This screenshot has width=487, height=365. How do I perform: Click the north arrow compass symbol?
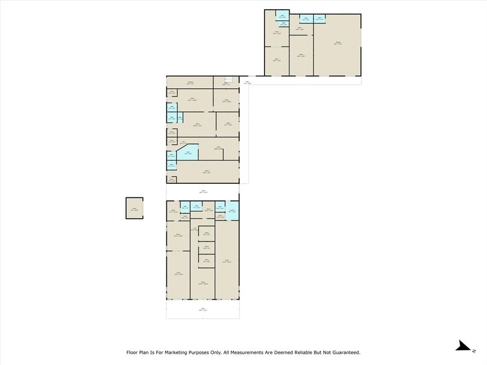(x=463, y=346)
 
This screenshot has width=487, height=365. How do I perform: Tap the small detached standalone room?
(x=134, y=207)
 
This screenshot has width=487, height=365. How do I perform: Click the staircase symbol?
(x=227, y=79)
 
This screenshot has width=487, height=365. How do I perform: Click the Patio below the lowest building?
(x=203, y=309)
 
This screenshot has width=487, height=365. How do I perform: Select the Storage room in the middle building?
(x=189, y=81)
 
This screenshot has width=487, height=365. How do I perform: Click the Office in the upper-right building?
(x=301, y=56)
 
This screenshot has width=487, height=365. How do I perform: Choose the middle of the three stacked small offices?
(x=206, y=248)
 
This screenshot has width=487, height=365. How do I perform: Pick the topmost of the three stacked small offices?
(x=206, y=234)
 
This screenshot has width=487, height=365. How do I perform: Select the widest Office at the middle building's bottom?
(x=203, y=171)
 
